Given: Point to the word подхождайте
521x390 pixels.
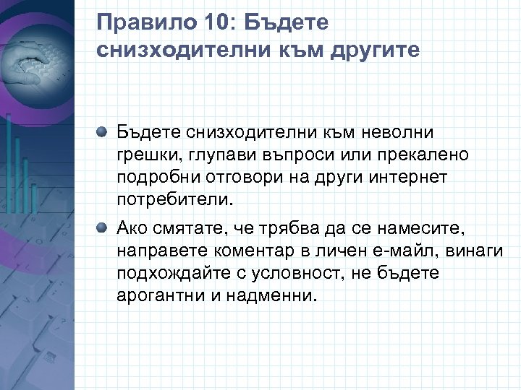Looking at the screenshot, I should coord(166,274).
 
